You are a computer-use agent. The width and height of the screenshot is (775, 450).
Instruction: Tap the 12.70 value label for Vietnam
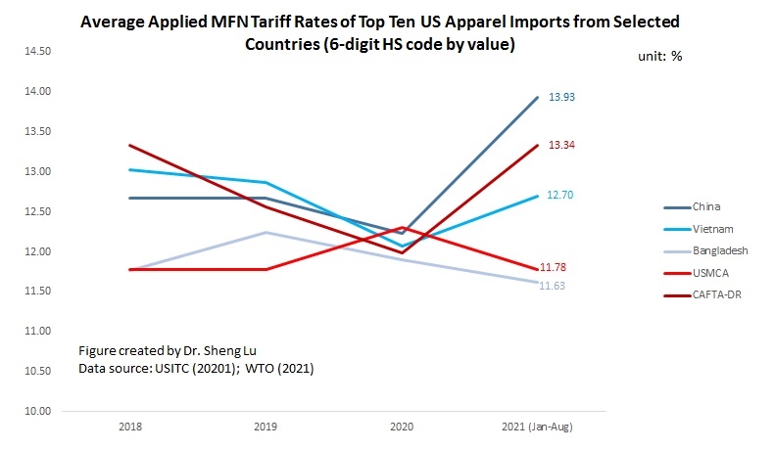pyautogui.click(x=560, y=195)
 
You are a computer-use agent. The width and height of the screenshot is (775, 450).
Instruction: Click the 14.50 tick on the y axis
pyautogui.click(x=38, y=51)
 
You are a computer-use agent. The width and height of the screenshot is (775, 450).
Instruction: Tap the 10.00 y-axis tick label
pyautogui.click(x=38, y=411)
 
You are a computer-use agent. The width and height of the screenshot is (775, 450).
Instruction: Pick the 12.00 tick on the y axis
pyautogui.click(x=38, y=251)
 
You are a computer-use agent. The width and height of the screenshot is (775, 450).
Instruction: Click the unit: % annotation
pyautogui.click(x=662, y=57)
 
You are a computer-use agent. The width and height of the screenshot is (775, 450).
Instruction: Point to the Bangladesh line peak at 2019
pyautogui.click(x=266, y=233)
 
